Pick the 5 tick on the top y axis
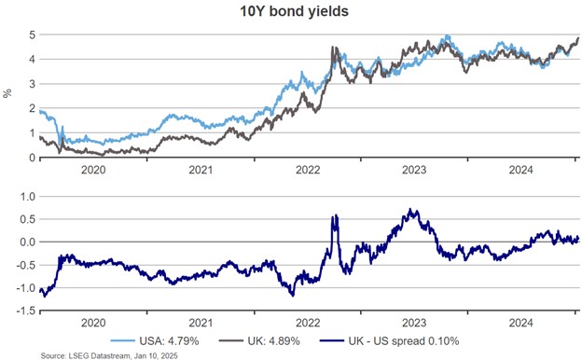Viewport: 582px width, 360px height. pos(32,35)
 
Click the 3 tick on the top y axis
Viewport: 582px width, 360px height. pos(32,84)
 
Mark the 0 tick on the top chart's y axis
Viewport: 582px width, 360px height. pos(32,157)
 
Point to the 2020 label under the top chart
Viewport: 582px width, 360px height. pos(93,171)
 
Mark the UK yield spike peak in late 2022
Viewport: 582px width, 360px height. pos(334,48)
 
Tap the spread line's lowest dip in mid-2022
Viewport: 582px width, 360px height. pos(293,296)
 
